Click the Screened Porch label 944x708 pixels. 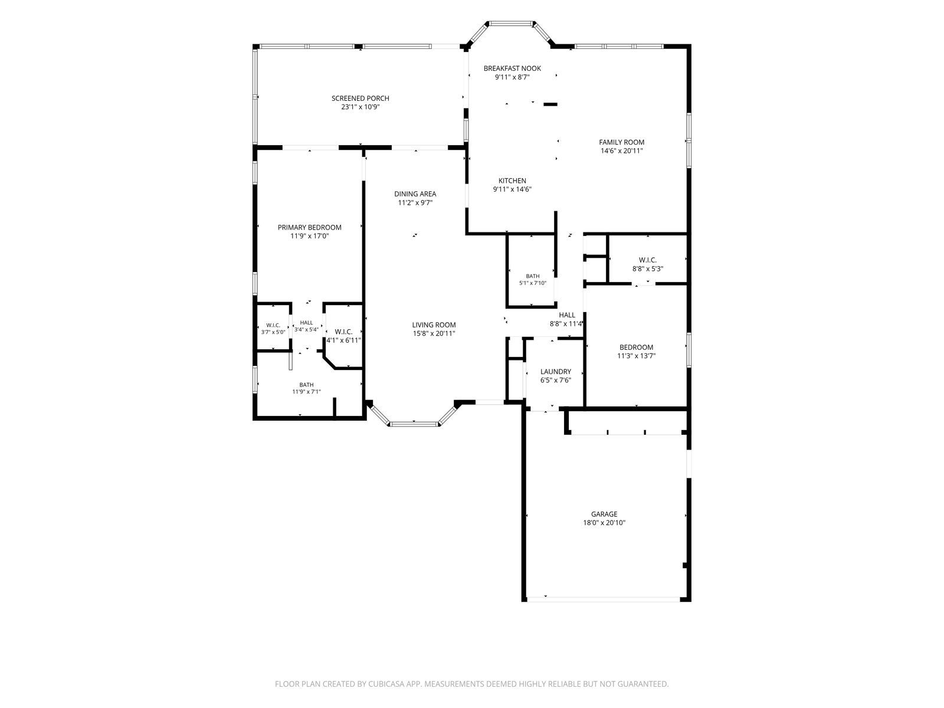click(360, 99)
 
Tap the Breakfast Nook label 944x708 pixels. click(512, 68)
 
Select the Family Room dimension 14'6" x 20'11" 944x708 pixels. click(621, 151)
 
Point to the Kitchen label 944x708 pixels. click(512, 181)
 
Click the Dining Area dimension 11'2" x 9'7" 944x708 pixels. click(415, 203)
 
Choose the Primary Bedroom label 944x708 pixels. click(309, 227)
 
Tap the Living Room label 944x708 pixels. click(434, 325)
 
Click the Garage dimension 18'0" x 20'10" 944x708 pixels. click(604, 523)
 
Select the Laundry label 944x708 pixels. click(556, 372)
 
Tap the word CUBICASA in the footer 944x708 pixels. click(386, 684)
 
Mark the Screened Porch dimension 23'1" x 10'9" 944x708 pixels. click(360, 107)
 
